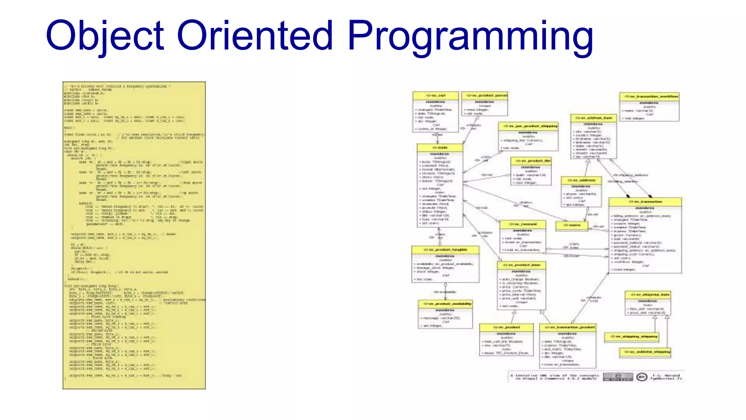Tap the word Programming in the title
tap(470, 36)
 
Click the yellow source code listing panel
tap(134, 235)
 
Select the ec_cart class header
tap(435, 96)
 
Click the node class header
tap(440, 148)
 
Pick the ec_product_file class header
tap(531, 161)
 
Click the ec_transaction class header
tap(645, 202)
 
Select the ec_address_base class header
tap(593, 118)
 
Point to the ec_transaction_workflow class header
tap(649, 97)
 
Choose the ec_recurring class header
tap(523, 224)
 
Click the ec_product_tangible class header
tap(445, 250)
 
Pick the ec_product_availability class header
tap(445, 304)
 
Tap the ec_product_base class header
tap(521, 265)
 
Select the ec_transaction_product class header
tap(568, 327)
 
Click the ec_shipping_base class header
tap(648, 295)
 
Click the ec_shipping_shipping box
tap(631, 337)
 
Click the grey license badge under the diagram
tap(618, 377)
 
